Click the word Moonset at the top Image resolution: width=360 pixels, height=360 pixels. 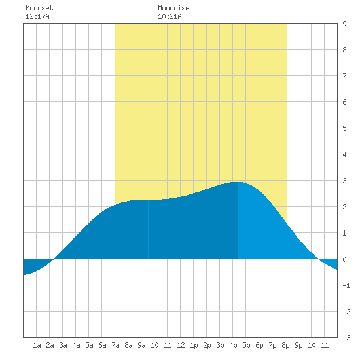point(39,8)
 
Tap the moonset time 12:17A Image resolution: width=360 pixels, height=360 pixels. point(37,16)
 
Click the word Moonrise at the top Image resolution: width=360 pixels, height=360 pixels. point(173,8)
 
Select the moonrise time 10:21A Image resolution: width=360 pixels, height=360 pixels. point(170,16)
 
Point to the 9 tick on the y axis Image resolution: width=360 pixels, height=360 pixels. point(344,24)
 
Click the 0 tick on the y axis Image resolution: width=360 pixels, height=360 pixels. point(344,259)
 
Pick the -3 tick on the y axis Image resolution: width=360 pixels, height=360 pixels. point(346,338)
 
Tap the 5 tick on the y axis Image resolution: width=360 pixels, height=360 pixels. point(344,128)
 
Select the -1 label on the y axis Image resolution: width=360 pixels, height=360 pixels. point(346,285)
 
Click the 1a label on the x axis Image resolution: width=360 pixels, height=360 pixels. point(37,345)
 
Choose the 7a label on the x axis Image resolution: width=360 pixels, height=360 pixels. point(115,345)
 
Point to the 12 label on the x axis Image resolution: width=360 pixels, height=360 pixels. point(181,345)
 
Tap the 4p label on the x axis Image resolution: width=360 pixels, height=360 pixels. point(233,345)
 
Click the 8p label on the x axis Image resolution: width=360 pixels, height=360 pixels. point(285,345)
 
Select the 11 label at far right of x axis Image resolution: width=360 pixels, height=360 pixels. point(325,345)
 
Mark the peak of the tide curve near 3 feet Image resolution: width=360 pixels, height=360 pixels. point(238,182)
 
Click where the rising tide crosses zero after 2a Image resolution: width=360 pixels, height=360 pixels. point(54,259)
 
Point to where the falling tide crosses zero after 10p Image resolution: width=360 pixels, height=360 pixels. point(319,259)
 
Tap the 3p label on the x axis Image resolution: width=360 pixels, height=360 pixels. point(220,345)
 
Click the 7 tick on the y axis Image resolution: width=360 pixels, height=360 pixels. point(344,76)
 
